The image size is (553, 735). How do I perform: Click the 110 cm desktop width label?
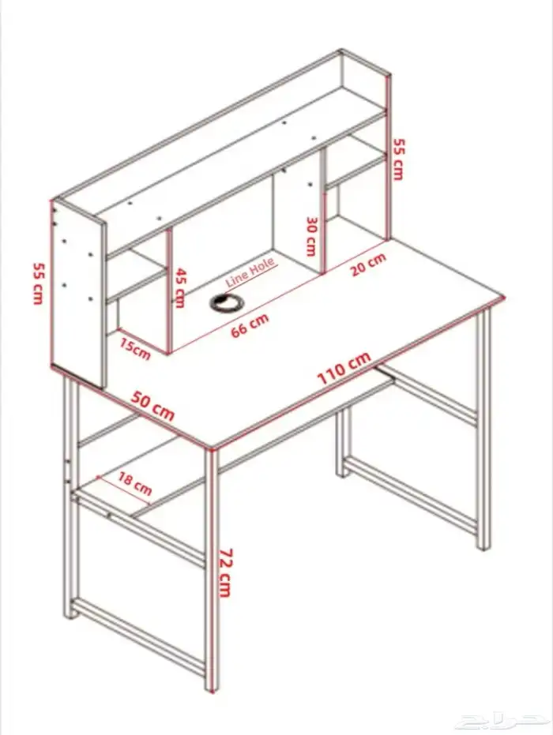pyautogui.click(x=344, y=368)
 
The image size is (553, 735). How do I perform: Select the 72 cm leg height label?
pyautogui.click(x=224, y=572)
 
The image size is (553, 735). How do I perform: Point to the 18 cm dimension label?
pyautogui.click(x=134, y=482)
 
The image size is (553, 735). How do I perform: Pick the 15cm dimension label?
pyautogui.click(x=135, y=348)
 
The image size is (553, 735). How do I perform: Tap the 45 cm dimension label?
pyautogui.click(x=180, y=287)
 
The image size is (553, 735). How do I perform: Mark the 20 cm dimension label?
pyautogui.click(x=368, y=264)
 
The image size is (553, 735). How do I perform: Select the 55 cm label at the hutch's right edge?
pyautogui.click(x=398, y=158)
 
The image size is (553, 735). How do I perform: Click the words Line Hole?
pyautogui.click(x=251, y=271)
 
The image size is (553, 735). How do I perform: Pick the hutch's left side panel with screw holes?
pyautogui.click(x=79, y=292)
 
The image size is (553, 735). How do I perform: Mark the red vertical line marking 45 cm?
pyautogui.click(x=170, y=292)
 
